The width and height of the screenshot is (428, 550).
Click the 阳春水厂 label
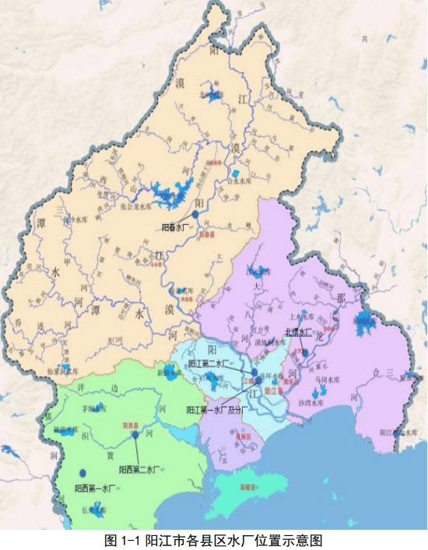click(177, 228)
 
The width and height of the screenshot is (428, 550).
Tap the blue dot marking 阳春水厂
click(195, 217)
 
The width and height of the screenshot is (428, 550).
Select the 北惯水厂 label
click(298, 332)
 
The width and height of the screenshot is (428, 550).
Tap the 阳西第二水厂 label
click(139, 470)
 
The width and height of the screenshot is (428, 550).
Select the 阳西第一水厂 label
click(96, 489)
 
